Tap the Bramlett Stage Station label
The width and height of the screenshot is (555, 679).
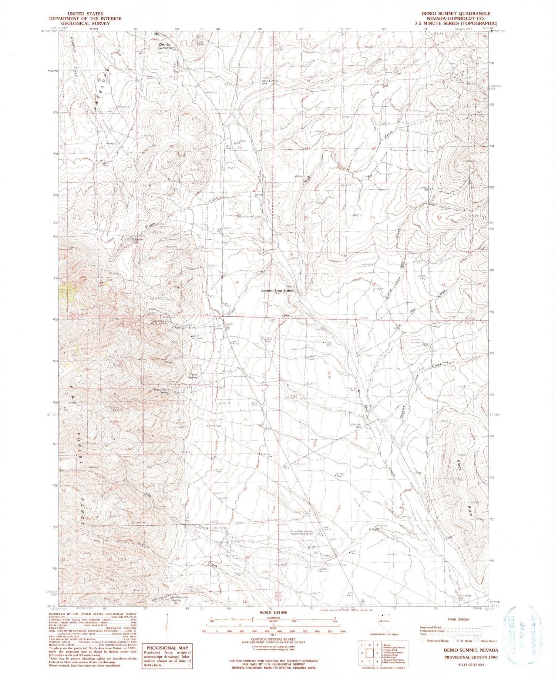pyautogui.click(x=277, y=291)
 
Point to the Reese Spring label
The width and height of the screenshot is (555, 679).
pyautogui.click(x=193, y=376)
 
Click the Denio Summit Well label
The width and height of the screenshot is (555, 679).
pyautogui.click(x=269, y=82)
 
